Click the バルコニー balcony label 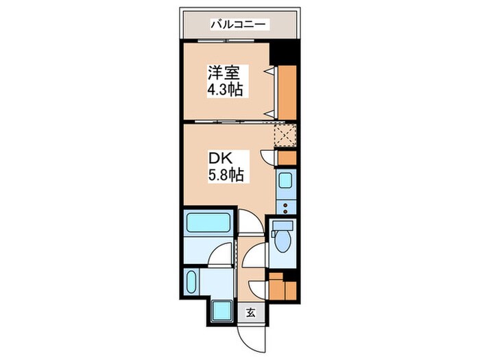pyautogui.click(x=240, y=25)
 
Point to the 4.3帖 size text pyautogui.click(x=226, y=91)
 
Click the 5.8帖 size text pyautogui.click(x=226, y=176)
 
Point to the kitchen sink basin pyautogui.click(x=285, y=182)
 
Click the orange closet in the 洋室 pyautogui.click(x=287, y=93)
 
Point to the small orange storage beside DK pyautogui.click(x=287, y=158)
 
